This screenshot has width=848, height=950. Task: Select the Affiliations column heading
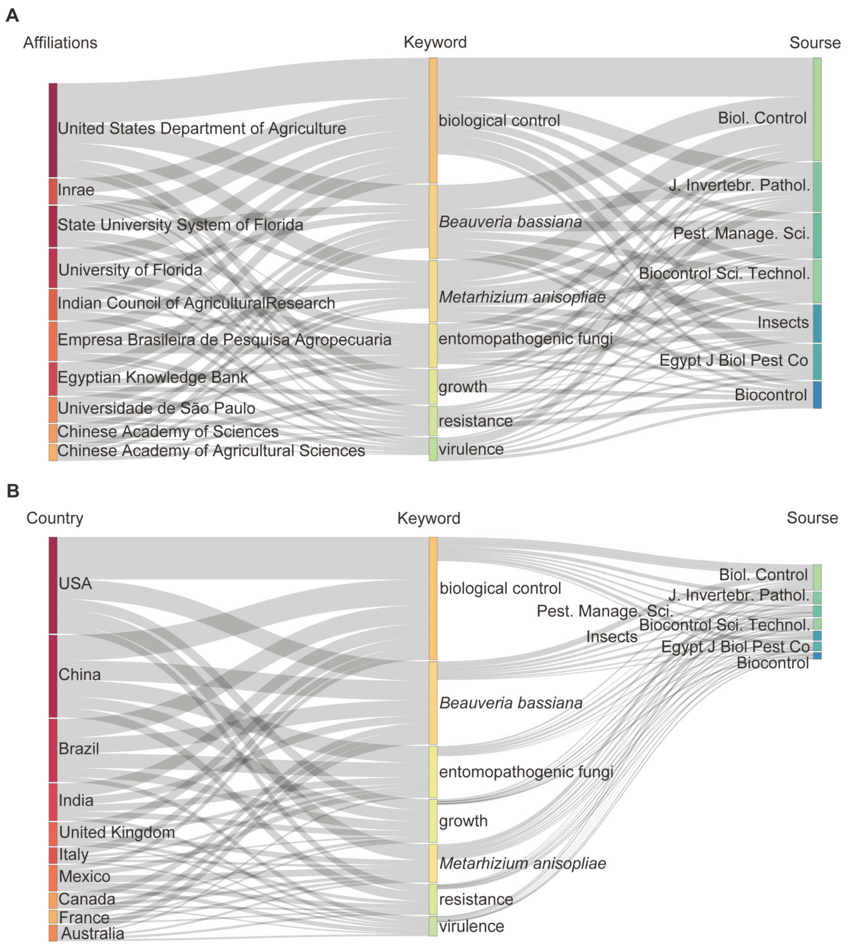[60, 43]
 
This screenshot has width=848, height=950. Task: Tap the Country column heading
[54, 518]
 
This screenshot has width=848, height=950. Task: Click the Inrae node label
[76, 190]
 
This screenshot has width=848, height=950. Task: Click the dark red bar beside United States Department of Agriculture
[53, 130]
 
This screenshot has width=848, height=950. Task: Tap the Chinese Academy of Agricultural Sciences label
[211, 451]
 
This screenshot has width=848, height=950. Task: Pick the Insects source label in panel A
[783, 322]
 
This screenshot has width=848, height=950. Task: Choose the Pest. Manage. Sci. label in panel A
[741, 233]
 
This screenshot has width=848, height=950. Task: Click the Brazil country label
[79, 749]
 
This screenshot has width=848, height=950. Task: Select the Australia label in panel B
[93, 934]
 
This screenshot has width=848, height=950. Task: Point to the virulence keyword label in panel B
[471, 926]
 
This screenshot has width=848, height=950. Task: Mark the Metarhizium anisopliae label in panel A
[522, 297]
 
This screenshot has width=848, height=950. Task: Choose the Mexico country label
[84, 876]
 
